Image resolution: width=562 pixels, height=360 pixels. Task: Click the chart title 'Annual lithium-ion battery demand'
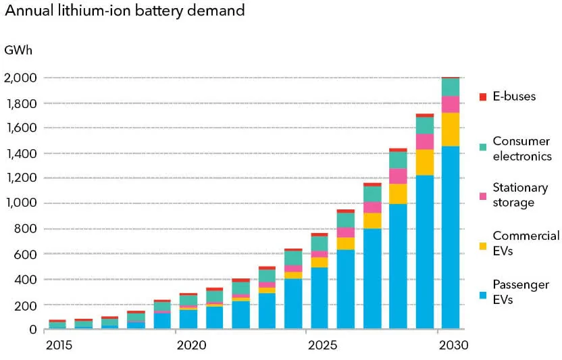coord(125,11)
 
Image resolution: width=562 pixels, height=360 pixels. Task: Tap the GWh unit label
coord(18,51)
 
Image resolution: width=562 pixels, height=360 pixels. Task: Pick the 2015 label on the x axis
coord(58,346)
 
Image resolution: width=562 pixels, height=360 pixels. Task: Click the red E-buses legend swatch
coord(482,97)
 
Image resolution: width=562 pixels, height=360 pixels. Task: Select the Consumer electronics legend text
coord(521,149)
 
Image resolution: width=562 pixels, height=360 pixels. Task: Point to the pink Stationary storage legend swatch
coord(482,195)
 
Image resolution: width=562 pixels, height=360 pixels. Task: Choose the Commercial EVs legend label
coord(526,242)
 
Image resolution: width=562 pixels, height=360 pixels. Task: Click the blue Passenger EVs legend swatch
coord(482,294)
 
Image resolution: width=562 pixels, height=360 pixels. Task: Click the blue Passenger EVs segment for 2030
coord(451,237)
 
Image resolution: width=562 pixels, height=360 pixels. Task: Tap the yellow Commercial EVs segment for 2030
coord(451,129)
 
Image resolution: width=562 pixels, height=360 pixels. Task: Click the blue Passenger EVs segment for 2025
coord(320,298)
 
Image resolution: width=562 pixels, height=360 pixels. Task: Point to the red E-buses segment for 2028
coord(399,150)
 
